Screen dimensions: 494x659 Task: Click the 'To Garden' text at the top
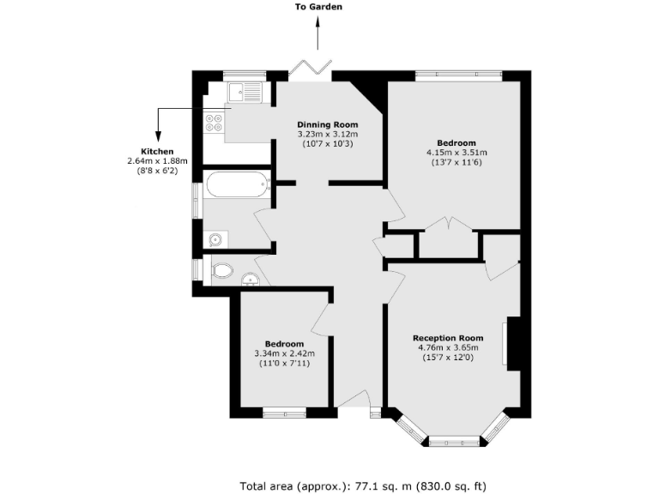point(318,7)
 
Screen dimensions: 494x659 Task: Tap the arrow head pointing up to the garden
point(318,22)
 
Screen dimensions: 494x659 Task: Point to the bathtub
point(237,184)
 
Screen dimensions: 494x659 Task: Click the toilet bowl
point(221,271)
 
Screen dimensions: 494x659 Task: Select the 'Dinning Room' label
point(327,124)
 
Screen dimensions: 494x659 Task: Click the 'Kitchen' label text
point(151,152)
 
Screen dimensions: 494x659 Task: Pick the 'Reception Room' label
point(448,337)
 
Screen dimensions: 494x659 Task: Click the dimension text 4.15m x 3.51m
point(456,154)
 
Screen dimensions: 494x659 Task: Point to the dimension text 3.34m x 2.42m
point(285,353)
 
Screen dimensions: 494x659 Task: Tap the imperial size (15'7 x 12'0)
point(448,358)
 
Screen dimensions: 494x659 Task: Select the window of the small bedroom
point(284,413)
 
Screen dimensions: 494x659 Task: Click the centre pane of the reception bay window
point(454,442)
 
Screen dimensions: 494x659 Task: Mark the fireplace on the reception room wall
point(511,343)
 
